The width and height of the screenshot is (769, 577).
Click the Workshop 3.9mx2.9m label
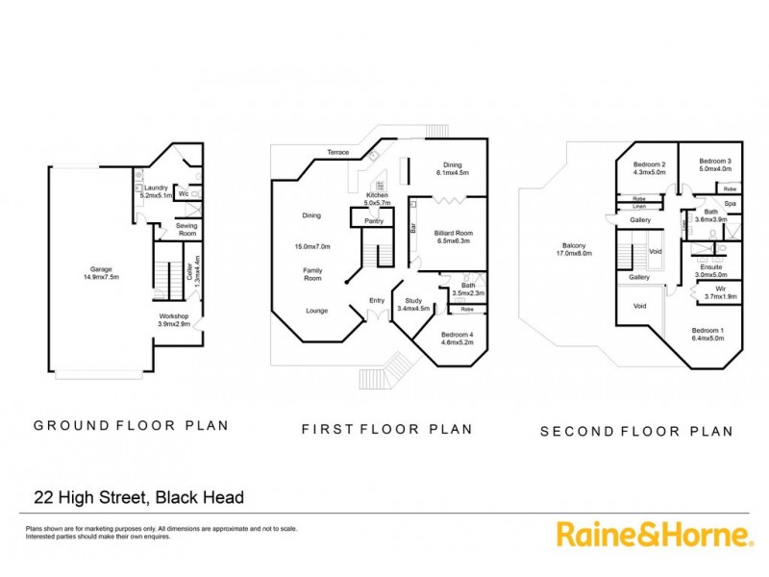[174, 319]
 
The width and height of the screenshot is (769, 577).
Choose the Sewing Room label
[186, 231]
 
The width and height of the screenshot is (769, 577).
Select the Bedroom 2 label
[650, 169]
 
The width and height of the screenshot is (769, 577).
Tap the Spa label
[730, 204]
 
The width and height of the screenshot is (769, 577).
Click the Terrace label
[337, 152]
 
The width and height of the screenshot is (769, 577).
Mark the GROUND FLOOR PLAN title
[131, 425]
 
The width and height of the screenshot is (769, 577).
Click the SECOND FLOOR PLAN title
[635, 432]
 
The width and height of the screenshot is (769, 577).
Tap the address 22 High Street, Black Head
[138, 497]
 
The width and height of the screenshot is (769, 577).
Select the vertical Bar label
[413, 230]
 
